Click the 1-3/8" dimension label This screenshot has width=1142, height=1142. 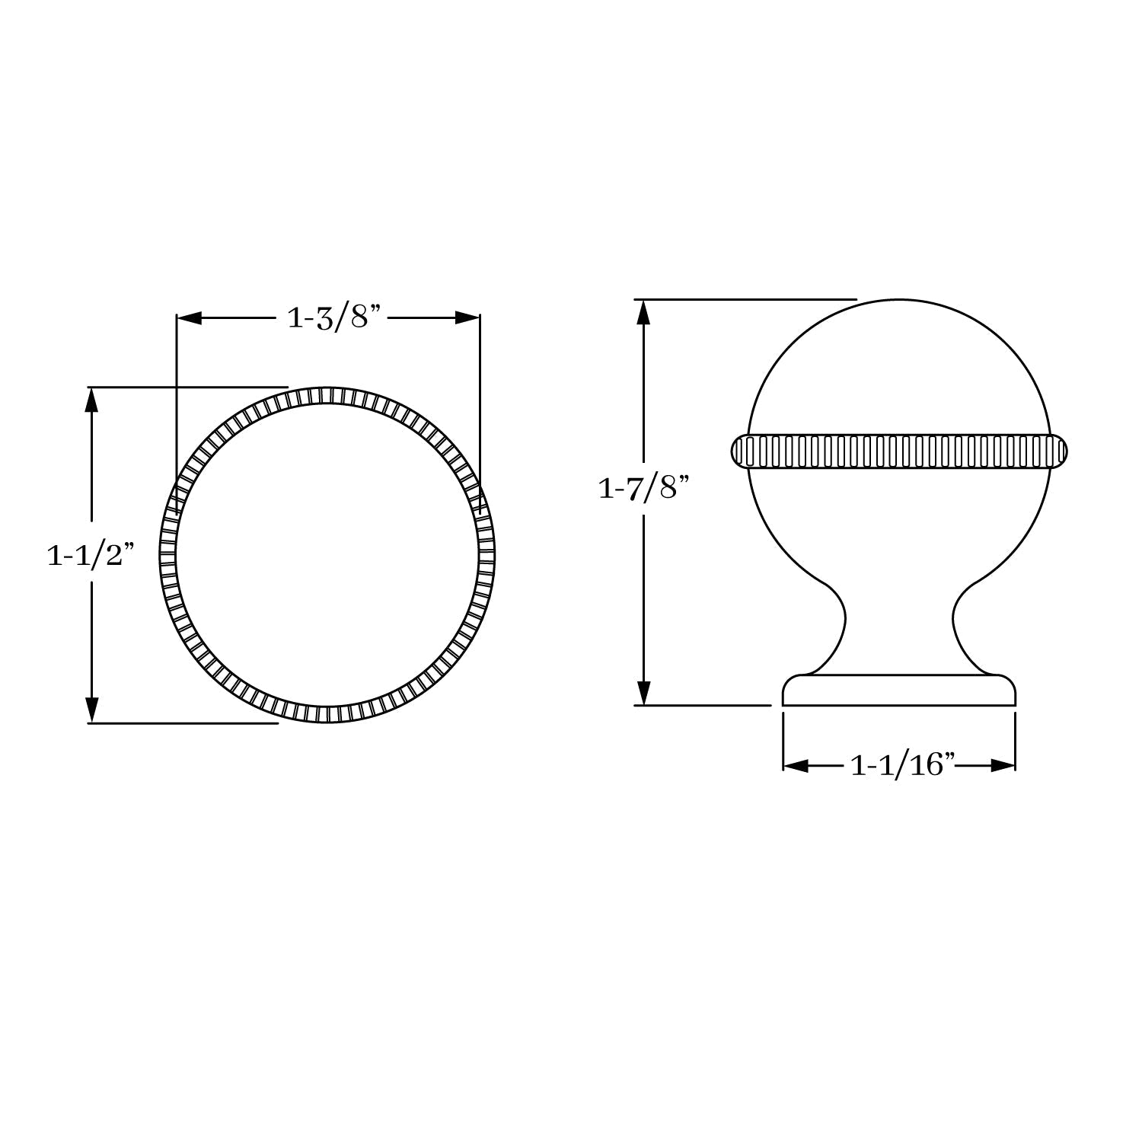pos(333,317)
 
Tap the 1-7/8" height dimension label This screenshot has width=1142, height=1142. pos(643,488)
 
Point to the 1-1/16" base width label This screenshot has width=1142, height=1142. pos(902,765)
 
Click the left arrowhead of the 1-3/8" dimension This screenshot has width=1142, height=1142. pos(189,318)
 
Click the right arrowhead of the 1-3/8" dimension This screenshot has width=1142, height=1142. pos(467,318)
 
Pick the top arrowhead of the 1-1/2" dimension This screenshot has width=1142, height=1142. pos(92,400)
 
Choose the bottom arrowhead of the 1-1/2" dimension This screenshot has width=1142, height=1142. pos(92,710)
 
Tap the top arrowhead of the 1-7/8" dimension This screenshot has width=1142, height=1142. pos(644,312)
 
